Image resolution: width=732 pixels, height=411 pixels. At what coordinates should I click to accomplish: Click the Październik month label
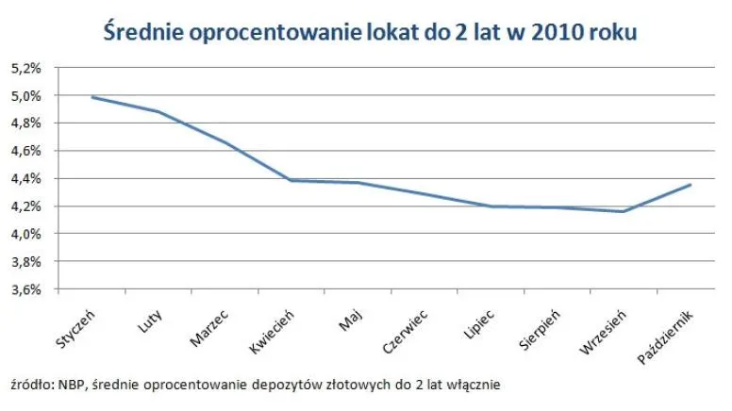(x=666, y=333)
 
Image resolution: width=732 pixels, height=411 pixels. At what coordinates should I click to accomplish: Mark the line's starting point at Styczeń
(x=91, y=97)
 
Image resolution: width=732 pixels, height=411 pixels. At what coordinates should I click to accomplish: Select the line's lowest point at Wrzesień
(x=623, y=211)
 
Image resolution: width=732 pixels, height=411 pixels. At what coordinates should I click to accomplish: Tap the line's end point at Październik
(x=690, y=185)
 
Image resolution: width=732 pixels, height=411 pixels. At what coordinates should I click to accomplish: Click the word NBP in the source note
(x=69, y=385)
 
